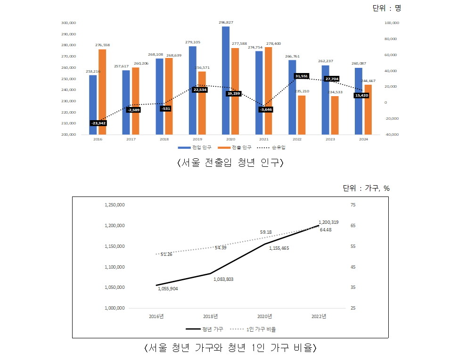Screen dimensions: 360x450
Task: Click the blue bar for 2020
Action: point(226,80)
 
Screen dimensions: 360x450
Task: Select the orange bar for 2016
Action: point(102,91)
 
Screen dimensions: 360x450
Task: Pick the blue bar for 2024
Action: point(359,101)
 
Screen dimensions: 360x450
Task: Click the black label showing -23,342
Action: point(98,123)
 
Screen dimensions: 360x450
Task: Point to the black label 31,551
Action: point(302,76)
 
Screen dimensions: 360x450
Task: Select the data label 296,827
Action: point(226,22)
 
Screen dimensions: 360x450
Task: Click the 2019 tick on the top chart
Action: point(197,139)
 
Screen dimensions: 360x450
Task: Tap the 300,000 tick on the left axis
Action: point(69,23)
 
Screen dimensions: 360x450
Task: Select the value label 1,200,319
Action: point(328,222)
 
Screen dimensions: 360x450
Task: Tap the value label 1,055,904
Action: point(168,288)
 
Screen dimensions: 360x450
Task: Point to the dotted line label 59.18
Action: point(266,232)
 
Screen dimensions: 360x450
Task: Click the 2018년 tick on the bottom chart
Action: point(210,316)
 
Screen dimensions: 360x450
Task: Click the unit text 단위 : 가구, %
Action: point(366,188)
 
